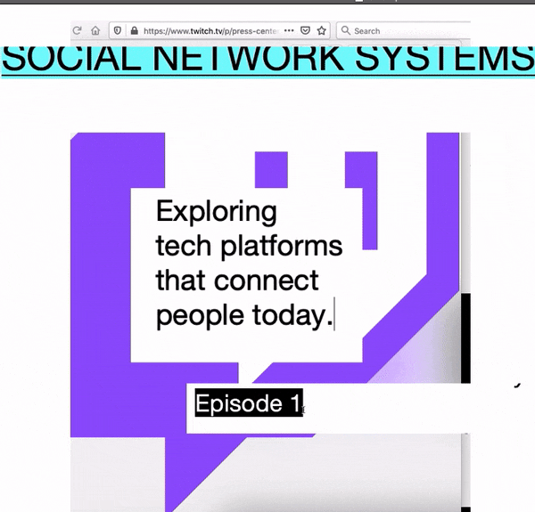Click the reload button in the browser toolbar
point(77,30)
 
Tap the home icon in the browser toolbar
point(95,30)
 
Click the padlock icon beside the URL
point(135,30)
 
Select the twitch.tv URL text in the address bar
point(210,31)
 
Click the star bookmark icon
point(321,30)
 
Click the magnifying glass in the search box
point(346,30)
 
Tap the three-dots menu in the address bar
point(289,30)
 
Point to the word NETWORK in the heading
point(248,59)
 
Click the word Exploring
point(217,213)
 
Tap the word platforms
point(282,247)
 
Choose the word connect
point(266,280)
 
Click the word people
point(200,316)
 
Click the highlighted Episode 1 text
point(249,403)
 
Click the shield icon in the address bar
point(118,30)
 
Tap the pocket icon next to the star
point(305,30)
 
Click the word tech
point(184,247)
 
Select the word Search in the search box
point(367,31)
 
